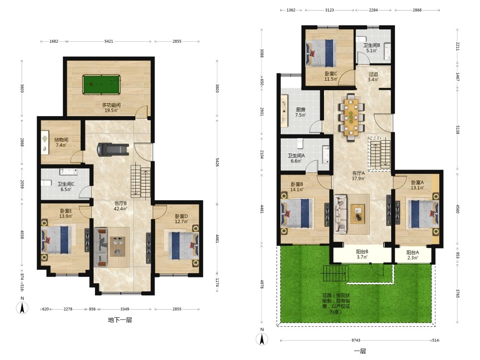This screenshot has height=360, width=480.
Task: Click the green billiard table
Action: click(x=101, y=85)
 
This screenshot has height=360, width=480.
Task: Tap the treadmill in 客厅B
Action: click(x=113, y=150)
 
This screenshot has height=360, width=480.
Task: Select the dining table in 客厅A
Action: click(x=351, y=117)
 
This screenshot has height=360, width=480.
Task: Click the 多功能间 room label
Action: click(x=111, y=105)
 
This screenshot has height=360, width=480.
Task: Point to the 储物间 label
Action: click(x=61, y=140)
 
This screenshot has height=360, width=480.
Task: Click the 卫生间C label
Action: click(x=66, y=184)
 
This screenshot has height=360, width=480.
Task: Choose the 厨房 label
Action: click(x=300, y=109)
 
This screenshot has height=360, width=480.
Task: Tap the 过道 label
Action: click(x=373, y=74)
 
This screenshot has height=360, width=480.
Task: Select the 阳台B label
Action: click(x=362, y=252)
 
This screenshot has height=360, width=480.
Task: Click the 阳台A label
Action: click(x=413, y=252)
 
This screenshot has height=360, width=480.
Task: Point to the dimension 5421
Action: click(x=108, y=41)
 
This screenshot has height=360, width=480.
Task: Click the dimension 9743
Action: click(x=356, y=340)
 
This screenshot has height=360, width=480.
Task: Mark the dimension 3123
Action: click(x=329, y=10)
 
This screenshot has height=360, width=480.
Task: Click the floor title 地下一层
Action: click(x=120, y=320)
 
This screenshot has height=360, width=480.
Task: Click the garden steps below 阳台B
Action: click(x=335, y=274)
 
